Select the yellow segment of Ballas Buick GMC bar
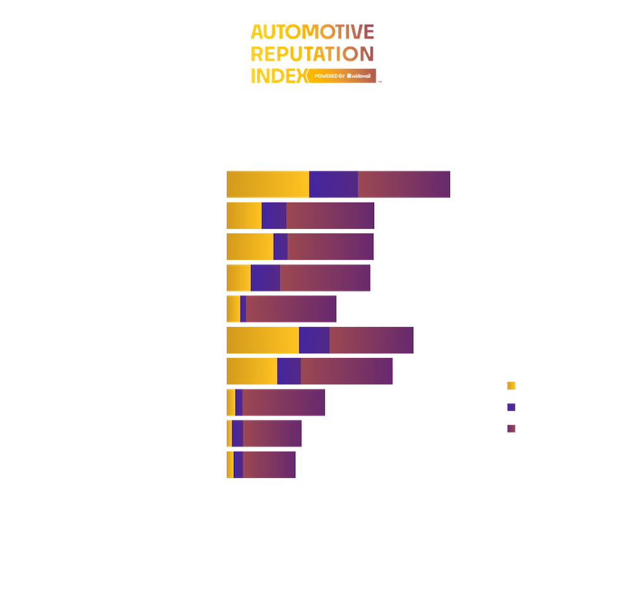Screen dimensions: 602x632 (263, 340)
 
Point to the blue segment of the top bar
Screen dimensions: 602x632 (334, 185)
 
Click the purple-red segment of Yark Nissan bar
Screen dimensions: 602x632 (325, 278)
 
